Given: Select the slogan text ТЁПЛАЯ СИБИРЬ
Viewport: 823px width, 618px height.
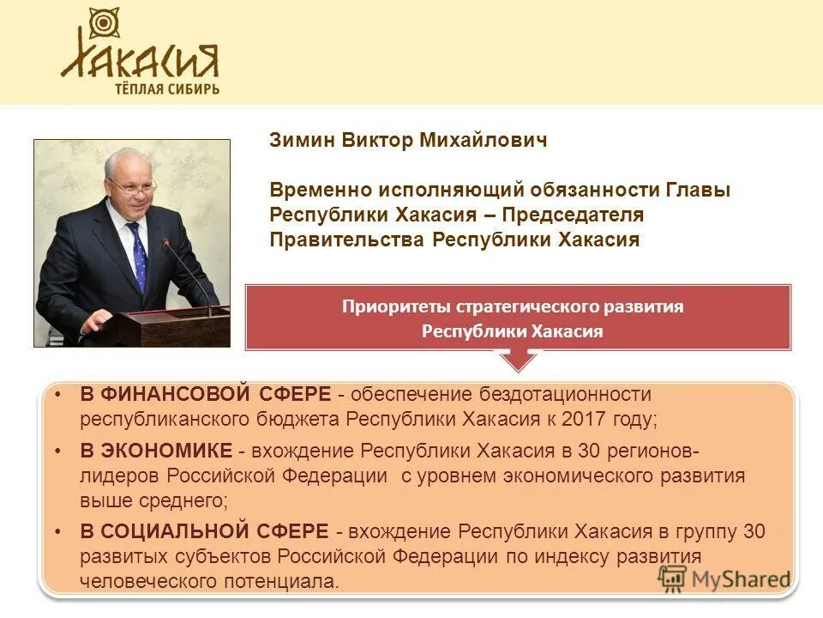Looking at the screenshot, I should [x=167, y=88].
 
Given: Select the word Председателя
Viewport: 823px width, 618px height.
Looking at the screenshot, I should [x=573, y=214].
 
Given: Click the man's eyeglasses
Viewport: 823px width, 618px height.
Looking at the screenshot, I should [x=130, y=185].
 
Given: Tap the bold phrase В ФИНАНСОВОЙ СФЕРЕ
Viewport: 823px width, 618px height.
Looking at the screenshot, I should [x=206, y=395].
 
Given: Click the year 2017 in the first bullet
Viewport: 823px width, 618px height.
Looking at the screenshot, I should [x=594, y=420].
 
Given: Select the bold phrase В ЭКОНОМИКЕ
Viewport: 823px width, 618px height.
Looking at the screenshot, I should [x=156, y=451].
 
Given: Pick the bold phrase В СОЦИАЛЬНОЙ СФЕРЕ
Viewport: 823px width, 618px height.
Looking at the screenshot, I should [x=204, y=531].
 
